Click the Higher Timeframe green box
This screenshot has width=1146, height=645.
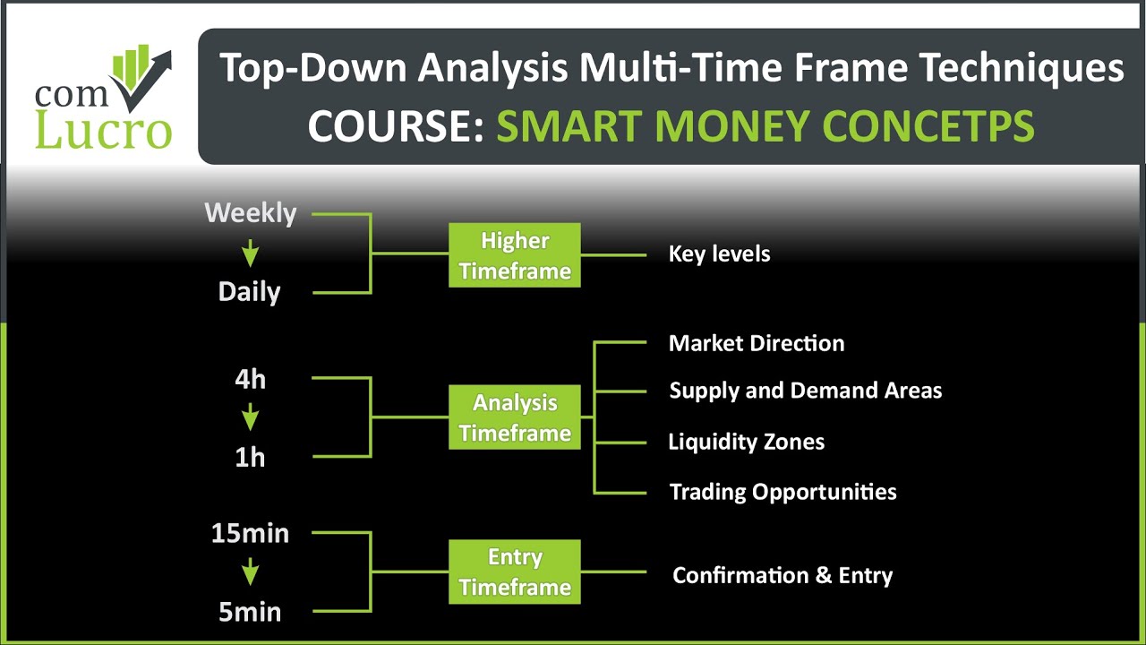[514, 255]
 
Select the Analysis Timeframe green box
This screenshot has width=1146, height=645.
[514, 417]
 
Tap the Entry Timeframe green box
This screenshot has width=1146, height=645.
[514, 572]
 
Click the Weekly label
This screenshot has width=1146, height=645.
[250, 213]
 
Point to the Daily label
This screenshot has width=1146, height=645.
[249, 292]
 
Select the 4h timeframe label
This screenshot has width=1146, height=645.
[250, 379]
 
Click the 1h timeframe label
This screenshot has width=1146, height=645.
[250, 458]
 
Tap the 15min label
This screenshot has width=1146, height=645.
[250, 534]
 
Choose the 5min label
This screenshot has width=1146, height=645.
[250, 613]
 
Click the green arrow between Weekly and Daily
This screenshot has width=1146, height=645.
[250, 254]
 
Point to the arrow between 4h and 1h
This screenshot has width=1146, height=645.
[250, 417]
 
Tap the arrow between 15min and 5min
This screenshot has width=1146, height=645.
[250, 572]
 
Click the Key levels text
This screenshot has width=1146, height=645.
[719, 254]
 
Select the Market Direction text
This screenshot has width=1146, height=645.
[757, 343]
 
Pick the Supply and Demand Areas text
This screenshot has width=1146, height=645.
[805, 391]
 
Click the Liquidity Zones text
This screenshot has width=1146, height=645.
[746, 442]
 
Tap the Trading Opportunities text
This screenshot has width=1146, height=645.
[783, 492]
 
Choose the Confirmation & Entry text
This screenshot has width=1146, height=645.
[783, 575]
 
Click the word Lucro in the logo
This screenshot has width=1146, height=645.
[103, 130]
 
